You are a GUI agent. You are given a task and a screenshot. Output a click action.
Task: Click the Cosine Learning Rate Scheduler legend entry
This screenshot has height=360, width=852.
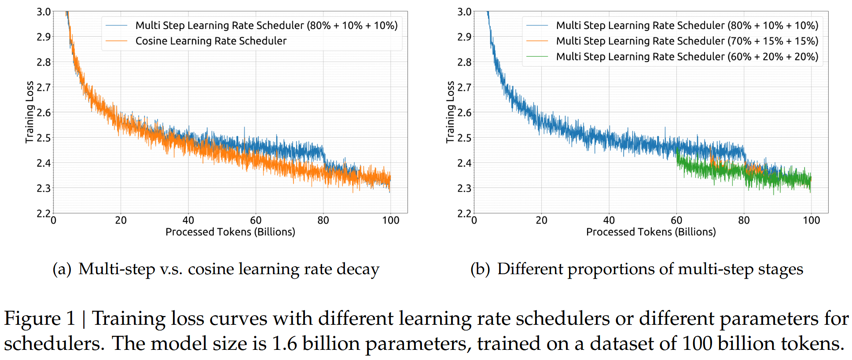coord(211,41)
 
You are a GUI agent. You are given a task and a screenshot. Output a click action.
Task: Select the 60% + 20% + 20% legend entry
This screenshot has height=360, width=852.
coord(687,57)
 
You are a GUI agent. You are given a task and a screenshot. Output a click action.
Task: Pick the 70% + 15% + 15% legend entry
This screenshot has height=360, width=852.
coord(687,41)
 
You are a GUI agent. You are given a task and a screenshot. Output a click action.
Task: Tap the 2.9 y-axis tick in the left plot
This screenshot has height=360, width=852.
coord(44,37)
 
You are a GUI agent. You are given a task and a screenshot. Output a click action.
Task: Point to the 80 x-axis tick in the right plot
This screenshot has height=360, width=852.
coord(744,220)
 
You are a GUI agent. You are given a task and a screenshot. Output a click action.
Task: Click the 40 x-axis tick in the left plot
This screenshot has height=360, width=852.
coord(188,220)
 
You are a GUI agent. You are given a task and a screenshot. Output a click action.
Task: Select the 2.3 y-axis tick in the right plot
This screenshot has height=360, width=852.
coord(464,188)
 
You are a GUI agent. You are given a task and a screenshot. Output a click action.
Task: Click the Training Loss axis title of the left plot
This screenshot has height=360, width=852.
coord(29,112)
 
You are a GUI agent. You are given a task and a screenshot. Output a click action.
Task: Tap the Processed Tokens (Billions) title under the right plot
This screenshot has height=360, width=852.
coord(651,232)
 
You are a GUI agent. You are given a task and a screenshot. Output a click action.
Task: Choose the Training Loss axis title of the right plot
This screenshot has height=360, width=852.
coord(450,112)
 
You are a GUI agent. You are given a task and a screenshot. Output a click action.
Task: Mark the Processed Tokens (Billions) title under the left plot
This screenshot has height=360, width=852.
coord(230,232)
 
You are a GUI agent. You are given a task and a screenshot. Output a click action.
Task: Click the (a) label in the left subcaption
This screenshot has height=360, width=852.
coord(62,269)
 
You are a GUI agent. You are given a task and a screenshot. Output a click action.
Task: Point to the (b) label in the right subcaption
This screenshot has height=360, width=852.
coord(480,269)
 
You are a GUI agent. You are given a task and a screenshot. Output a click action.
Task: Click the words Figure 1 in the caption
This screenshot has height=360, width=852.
coord(40,319)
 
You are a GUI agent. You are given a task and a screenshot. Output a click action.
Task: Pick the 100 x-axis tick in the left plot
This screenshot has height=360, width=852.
coord(390,220)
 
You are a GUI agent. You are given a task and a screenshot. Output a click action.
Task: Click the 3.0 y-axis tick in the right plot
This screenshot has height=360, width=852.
coord(464,12)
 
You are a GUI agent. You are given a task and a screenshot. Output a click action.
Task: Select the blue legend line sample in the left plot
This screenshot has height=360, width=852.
coord(117,26)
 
